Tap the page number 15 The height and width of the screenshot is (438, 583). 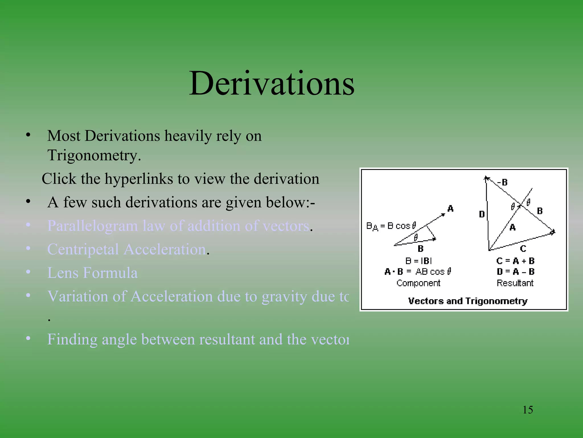[527, 410]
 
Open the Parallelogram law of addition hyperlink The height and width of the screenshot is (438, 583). [178, 226]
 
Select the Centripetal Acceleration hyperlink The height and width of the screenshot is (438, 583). [127, 249]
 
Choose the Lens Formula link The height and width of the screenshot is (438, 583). [93, 273]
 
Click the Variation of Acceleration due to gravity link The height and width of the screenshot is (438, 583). [198, 296]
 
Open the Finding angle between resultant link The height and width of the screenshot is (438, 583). [198, 339]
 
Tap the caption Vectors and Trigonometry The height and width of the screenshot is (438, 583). [468, 301]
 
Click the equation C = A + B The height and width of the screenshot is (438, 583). [515, 261]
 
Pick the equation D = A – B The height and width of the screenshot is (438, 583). [515, 271]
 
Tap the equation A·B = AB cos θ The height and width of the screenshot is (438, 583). [418, 271]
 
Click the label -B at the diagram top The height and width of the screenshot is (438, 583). [502, 182]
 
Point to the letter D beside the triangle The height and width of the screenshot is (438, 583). [482, 214]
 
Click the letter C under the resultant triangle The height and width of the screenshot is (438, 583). [523, 249]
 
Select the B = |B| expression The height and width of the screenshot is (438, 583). [418, 261]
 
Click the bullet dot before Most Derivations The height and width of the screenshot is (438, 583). [28, 135]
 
